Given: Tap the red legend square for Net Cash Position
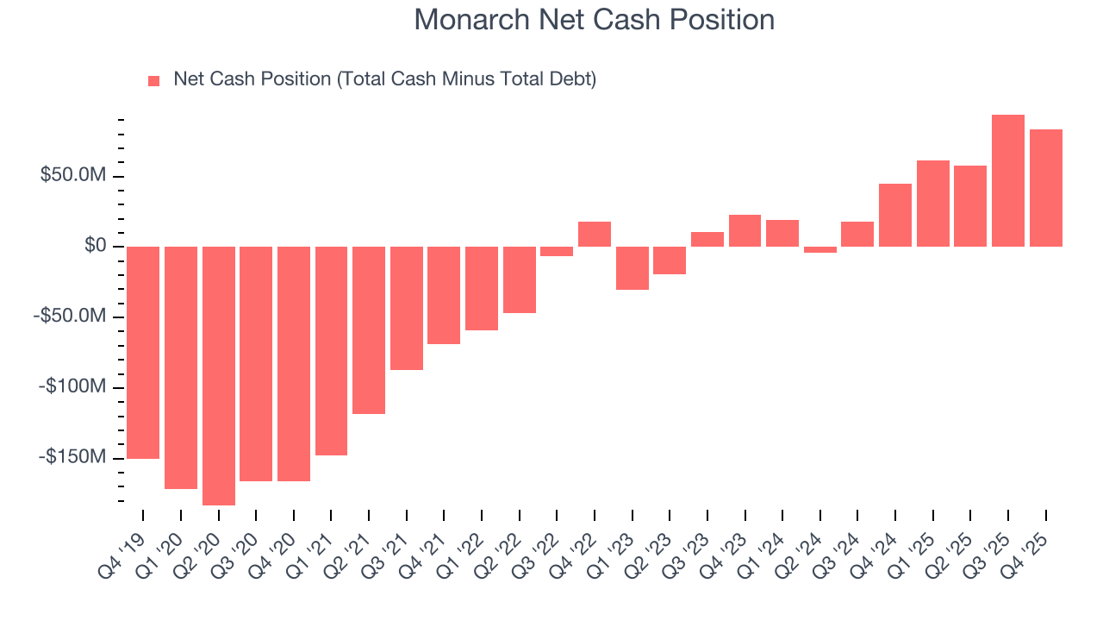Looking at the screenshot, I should [154, 81].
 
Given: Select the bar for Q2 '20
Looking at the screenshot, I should [219, 375].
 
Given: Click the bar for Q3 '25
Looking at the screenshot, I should [1008, 180].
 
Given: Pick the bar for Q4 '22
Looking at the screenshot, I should [595, 234].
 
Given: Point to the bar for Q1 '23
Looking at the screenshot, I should [633, 268].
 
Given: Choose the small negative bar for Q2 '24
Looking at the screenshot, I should [820, 249].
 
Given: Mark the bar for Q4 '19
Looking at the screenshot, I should [143, 352].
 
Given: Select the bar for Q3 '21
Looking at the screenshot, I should [407, 308].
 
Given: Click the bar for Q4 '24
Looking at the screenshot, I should [895, 215].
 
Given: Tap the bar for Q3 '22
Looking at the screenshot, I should [557, 251].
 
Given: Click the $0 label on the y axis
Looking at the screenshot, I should [96, 247].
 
